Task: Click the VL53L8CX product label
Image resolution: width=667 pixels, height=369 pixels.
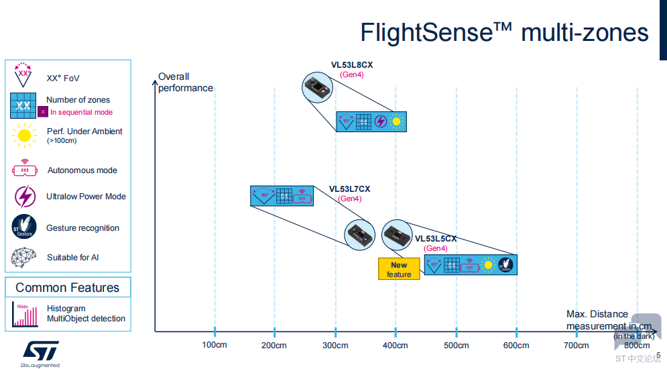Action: tap(351, 65)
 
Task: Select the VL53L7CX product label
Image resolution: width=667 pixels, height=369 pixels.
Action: tap(349, 189)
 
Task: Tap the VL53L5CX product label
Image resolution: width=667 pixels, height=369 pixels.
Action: tap(436, 239)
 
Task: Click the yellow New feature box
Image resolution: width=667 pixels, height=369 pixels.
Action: tap(399, 269)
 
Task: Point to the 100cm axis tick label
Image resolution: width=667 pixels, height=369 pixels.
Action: tap(215, 346)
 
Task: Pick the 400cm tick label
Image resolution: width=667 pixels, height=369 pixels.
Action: tap(395, 346)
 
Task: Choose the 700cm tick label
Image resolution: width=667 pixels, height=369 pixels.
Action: tap(576, 346)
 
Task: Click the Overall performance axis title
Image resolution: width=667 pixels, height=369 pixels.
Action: tap(185, 83)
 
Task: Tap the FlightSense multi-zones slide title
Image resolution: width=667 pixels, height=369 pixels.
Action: tap(504, 32)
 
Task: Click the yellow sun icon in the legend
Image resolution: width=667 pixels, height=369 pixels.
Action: tap(24, 136)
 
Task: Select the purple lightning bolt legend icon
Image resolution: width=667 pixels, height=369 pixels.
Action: tap(24, 197)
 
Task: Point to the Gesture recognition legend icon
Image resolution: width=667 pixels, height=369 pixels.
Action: tap(23, 227)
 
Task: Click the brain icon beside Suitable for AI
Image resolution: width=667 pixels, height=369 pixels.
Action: tap(24, 258)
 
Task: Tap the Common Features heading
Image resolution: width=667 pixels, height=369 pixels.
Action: tap(67, 288)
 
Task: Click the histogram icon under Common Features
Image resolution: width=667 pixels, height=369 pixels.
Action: tap(24, 313)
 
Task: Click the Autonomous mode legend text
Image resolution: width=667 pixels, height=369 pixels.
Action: tap(82, 170)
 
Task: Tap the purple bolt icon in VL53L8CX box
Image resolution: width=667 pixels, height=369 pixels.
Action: tap(380, 121)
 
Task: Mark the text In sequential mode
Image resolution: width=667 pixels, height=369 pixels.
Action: tap(81, 112)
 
